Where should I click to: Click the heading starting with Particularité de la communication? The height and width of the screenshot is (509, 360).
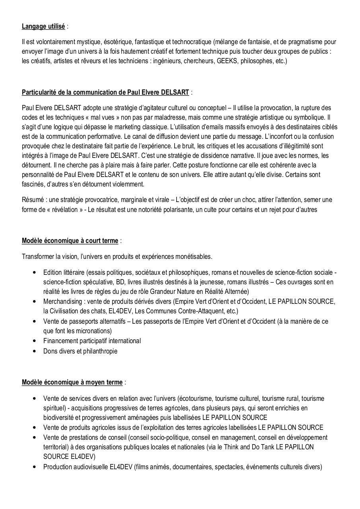click(x=105, y=93)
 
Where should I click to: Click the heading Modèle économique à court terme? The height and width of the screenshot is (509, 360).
click(x=70, y=241)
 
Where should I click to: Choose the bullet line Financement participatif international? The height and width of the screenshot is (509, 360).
click(x=92, y=341)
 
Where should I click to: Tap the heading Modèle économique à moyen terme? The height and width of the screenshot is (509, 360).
click(x=72, y=382)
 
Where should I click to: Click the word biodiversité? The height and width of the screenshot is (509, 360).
click(x=59, y=418)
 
